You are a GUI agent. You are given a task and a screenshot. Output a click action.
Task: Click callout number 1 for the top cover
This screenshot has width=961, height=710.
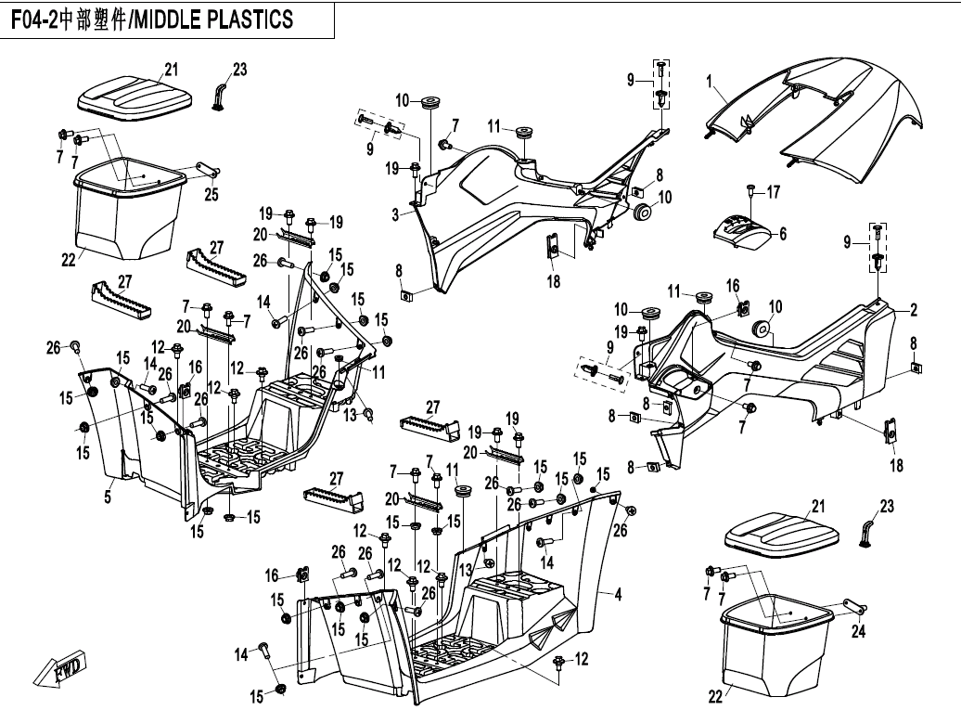coord(710,81)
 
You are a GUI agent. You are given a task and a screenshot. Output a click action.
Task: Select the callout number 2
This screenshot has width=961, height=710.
coord(913,309)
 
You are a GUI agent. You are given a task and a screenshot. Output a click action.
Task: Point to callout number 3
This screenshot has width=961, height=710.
coord(395,214)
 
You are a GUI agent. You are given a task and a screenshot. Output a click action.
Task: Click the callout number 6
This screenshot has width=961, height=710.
coord(783,234)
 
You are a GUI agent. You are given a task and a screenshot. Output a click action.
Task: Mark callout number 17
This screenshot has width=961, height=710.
coord(773,193)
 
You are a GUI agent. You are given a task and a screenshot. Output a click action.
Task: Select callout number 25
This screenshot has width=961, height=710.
coord(211,193)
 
